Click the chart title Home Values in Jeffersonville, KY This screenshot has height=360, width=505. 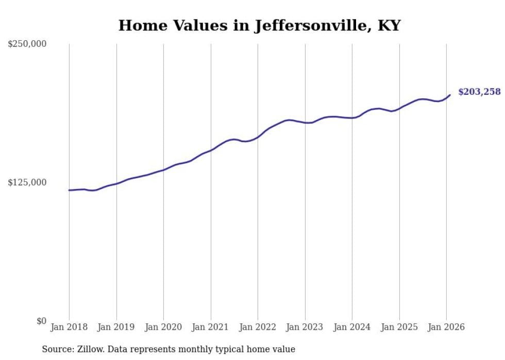pyautogui.click(x=259, y=25)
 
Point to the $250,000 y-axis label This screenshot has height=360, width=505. pyautogui.click(x=27, y=44)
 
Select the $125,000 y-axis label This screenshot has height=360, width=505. pyautogui.click(x=27, y=182)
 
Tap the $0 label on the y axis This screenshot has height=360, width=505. pyautogui.click(x=41, y=321)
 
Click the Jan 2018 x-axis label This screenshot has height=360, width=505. pyautogui.click(x=69, y=327)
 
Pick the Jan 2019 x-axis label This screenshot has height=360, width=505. pyautogui.click(x=116, y=327)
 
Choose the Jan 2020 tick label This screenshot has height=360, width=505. pyautogui.click(x=163, y=327)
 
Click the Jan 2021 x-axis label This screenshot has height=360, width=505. pyautogui.click(x=211, y=327)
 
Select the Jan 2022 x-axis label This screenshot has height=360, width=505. pyautogui.click(x=258, y=327)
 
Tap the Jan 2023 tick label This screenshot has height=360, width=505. pyautogui.click(x=305, y=327)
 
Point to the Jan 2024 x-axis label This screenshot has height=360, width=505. pyautogui.click(x=352, y=327)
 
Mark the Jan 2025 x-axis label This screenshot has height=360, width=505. pyautogui.click(x=399, y=327)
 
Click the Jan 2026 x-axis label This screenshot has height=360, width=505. pyautogui.click(x=446, y=327)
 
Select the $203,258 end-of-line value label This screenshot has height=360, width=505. pyautogui.click(x=479, y=92)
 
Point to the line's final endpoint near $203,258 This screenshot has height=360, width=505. pyautogui.click(x=450, y=95)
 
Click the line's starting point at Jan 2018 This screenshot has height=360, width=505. pyautogui.click(x=69, y=190)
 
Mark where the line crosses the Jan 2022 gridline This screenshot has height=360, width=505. pyautogui.click(x=258, y=137)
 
